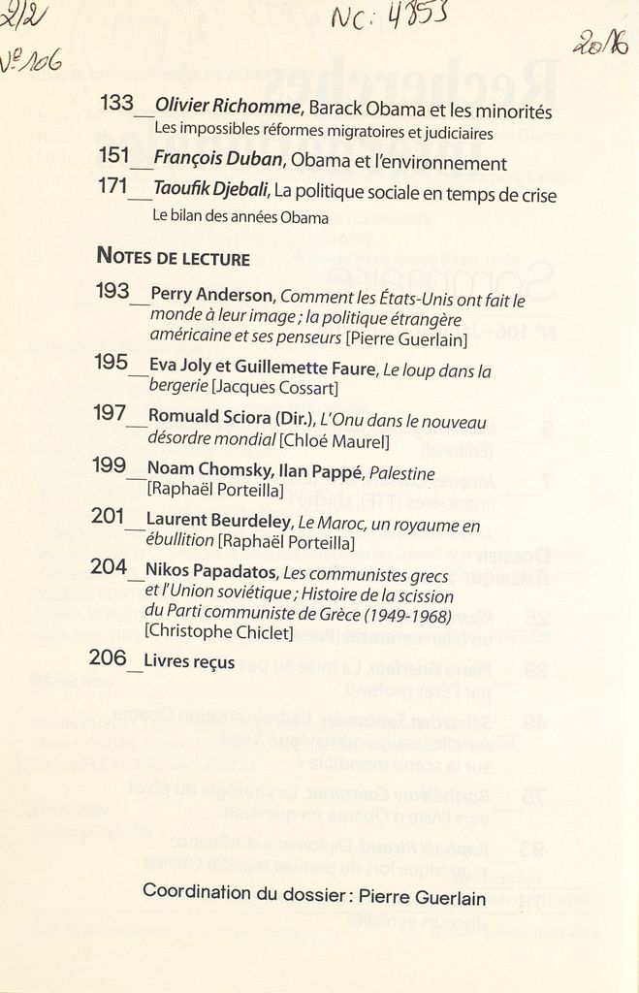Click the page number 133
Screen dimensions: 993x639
click(x=116, y=103)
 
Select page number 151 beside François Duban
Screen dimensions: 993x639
click(x=114, y=155)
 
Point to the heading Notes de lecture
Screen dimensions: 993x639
click(x=173, y=258)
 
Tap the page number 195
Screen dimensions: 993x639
click(x=112, y=363)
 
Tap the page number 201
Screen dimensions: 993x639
click(x=108, y=517)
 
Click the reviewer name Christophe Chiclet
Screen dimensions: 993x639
click(x=218, y=632)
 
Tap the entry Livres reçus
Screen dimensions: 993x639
click(x=189, y=662)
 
